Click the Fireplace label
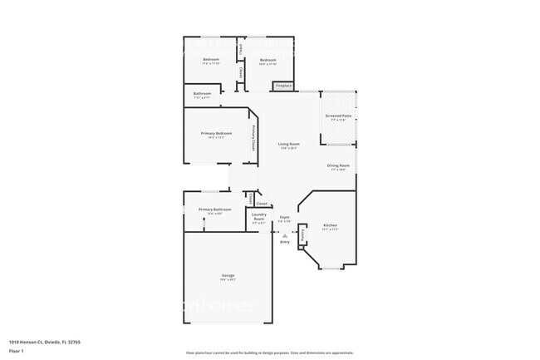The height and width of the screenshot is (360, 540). [x=283, y=86]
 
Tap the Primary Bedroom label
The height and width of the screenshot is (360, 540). [x=216, y=134]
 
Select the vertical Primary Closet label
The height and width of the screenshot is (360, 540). [x=253, y=138]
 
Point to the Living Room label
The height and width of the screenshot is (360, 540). [x=288, y=144]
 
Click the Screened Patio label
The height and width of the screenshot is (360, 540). [x=338, y=116]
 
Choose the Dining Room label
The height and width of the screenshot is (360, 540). [x=338, y=165]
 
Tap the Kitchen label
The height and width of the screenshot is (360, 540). [x=330, y=225]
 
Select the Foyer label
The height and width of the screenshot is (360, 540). [x=284, y=218]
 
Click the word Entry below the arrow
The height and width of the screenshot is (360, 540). [x=285, y=242]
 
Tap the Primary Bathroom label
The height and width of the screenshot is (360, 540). [x=215, y=210]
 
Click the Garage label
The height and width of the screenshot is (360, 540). [x=228, y=275]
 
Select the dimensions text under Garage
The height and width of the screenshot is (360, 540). [x=228, y=280]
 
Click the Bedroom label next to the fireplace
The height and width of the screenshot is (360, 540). [x=268, y=60]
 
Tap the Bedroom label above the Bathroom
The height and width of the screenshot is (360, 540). [x=211, y=59]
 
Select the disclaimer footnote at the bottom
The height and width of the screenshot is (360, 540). [x=269, y=353]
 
